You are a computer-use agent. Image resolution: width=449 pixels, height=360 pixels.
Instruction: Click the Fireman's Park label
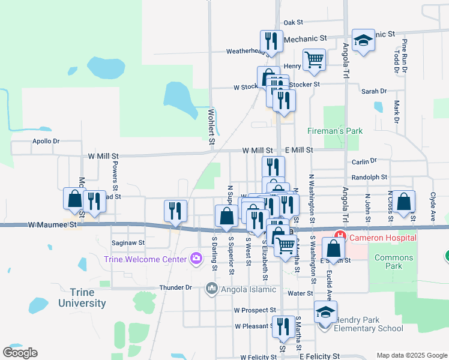[335, 130]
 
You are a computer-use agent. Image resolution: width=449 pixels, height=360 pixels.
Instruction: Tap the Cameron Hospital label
[383, 238]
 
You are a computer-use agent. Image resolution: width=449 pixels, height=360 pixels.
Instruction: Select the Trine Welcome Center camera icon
[196, 259]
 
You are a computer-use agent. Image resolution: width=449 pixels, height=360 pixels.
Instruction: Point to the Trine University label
[82, 298]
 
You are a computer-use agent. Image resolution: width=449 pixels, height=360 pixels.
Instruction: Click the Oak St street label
[294, 22]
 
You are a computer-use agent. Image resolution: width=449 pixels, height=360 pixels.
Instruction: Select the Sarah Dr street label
[374, 91]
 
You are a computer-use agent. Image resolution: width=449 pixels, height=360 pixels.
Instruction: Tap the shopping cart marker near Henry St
[314, 59]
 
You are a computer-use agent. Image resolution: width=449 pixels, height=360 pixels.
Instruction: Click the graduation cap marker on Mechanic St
[363, 41]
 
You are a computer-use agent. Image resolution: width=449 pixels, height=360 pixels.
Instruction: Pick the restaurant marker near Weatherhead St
[271, 41]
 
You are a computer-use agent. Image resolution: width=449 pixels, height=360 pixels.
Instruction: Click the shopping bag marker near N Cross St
[405, 202]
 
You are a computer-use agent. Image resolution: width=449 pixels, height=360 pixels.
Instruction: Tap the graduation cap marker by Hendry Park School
[325, 312]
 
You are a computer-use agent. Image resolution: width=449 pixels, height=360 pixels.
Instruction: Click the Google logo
[20, 352]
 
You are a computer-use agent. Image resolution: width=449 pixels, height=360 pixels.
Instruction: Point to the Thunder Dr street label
[175, 287]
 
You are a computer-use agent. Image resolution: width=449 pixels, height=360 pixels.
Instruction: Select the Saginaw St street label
[128, 243]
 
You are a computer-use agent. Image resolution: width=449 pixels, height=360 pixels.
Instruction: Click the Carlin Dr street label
[364, 161]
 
